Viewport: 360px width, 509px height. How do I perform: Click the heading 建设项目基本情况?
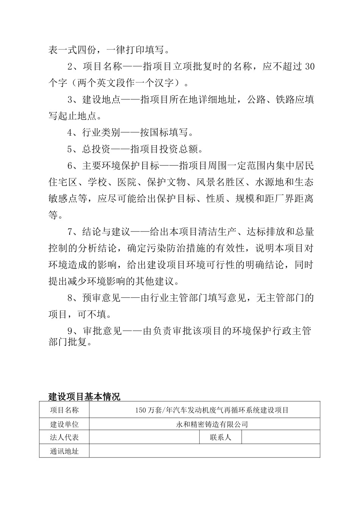tap(84, 397)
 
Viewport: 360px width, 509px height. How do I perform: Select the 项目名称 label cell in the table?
tap(64, 410)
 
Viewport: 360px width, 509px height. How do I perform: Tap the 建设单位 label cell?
tap(64, 424)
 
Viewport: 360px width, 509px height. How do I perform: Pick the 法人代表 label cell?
tap(64, 437)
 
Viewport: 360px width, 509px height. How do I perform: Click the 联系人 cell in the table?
tap(220, 437)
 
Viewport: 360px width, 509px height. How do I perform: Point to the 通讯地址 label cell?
tap(64, 451)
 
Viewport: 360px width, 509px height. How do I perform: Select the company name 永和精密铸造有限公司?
tap(212, 424)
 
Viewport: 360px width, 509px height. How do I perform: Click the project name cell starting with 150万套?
tap(212, 410)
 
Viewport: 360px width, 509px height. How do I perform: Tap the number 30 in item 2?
tap(309, 67)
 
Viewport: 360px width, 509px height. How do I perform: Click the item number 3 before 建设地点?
tap(70, 100)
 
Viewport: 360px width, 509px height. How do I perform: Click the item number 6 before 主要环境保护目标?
tap(70, 166)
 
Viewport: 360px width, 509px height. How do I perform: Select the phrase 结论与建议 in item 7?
tap(106, 232)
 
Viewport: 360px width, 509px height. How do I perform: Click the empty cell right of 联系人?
tap(280, 437)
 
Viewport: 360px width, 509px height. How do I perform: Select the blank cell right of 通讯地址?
tap(205, 451)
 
